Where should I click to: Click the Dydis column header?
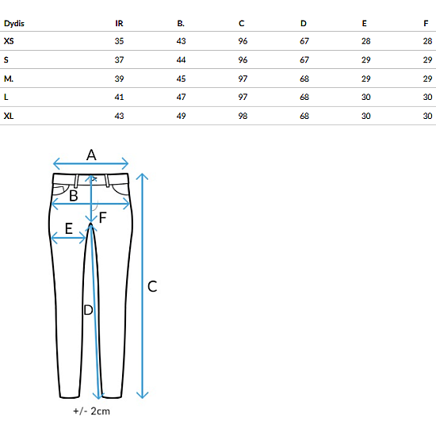coord(14,23)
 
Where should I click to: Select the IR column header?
coord(119,23)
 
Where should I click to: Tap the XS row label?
coord(9,41)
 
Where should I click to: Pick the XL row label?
coord(9,116)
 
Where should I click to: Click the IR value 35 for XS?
coord(119,41)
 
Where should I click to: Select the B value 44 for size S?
coord(181,59)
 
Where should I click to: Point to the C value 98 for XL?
coord(243,116)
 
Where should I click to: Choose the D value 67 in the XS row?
coord(304,41)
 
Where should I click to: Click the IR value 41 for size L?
coord(119,97)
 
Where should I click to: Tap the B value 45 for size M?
coord(181,78)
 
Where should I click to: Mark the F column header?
coord(426,23)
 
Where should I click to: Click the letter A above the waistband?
coord(91,155)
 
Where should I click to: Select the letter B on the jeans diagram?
coord(74,196)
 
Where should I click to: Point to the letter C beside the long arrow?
coord(152,286)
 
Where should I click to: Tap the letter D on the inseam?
coord(88,310)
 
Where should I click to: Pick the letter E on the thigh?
coord(69,228)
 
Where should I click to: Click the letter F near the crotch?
coord(103,217)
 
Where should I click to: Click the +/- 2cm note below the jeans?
coord(91,411)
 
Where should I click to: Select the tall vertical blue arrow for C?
coord(142,286)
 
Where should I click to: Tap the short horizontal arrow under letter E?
coord(68,238)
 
